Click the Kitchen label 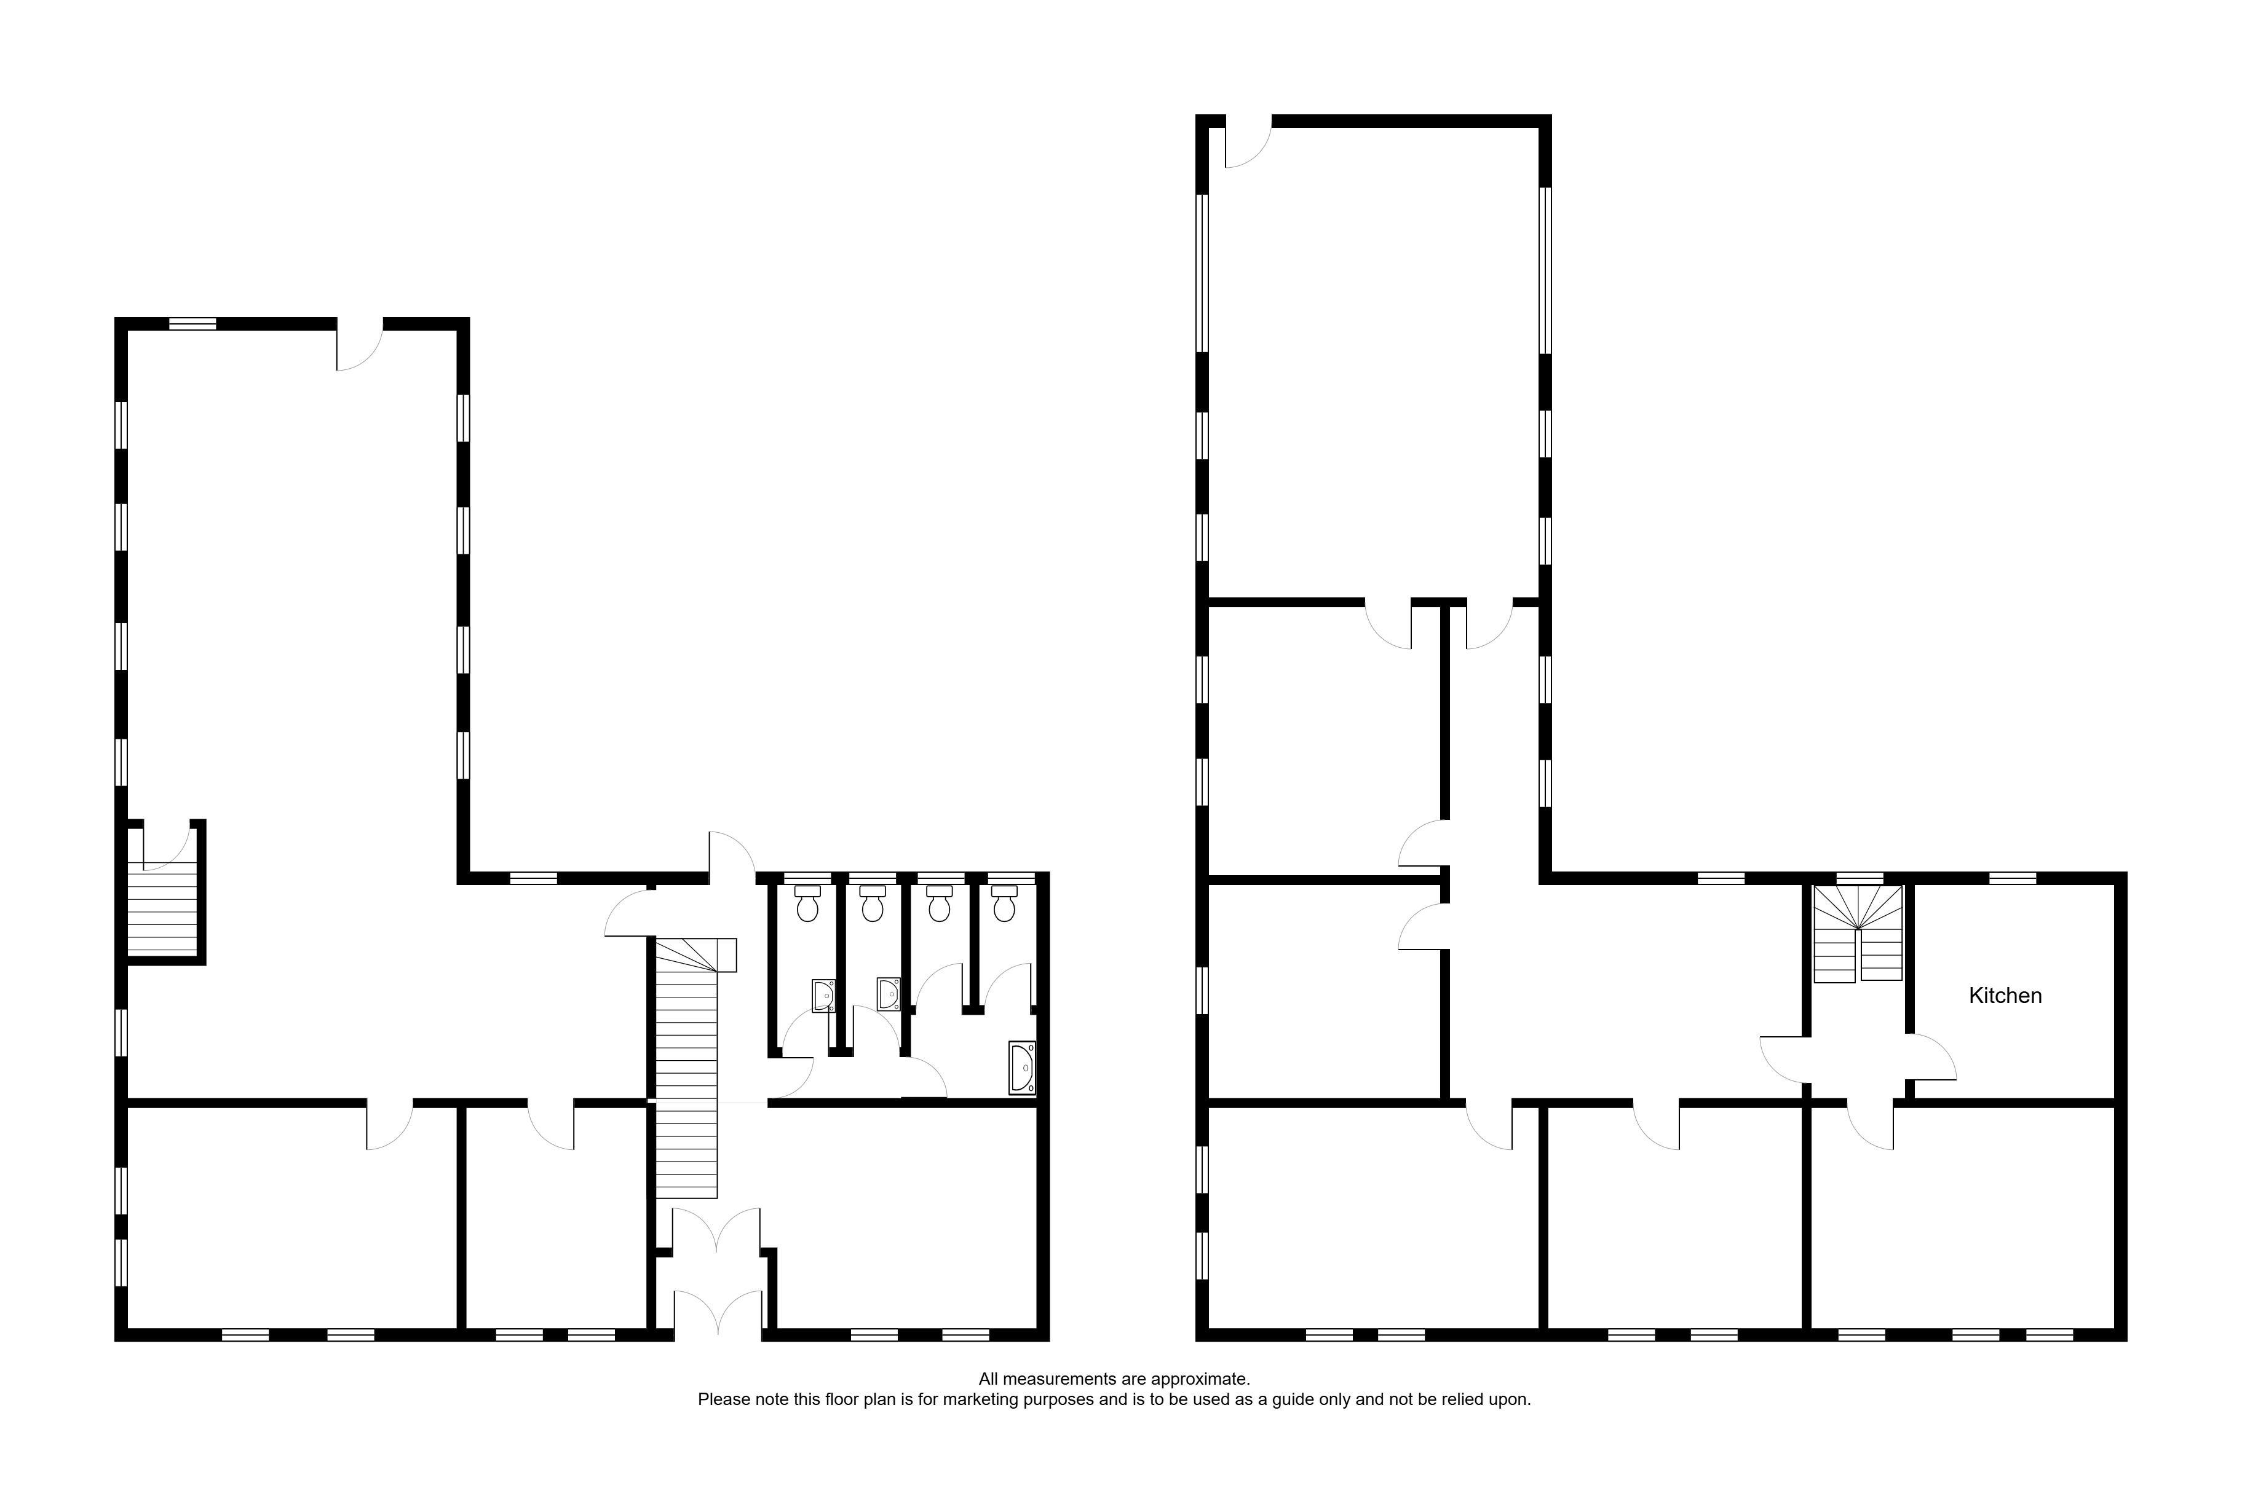tap(2005, 996)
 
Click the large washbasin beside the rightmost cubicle tap(1022, 1067)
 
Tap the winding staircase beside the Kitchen tap(1858, 933)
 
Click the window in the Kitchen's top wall tap(2012, 878)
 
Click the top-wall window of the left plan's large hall tap(192, 324)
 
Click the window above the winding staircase tap(1860, 878)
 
